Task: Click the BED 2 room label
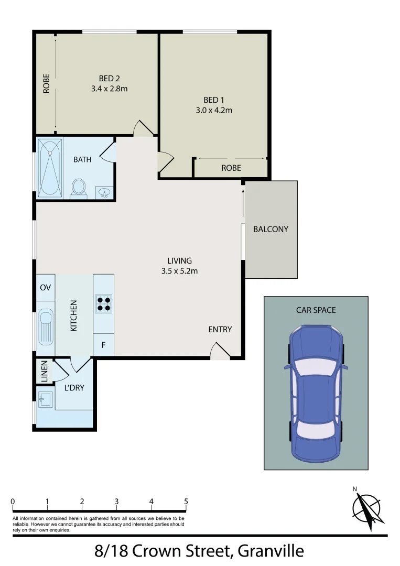point(109,79)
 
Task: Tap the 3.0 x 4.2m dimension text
point(218,110)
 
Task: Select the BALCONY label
point(271,229)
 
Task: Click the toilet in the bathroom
point(79,188)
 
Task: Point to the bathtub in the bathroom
point(50,168)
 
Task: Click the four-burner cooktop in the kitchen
point(103,303)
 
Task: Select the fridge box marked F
point(103,345)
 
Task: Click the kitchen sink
point(46,328)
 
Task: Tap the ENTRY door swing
point(220,352)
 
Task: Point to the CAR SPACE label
point(316,310)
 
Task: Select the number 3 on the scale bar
point(116,502)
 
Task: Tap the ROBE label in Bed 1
point(231,168)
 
